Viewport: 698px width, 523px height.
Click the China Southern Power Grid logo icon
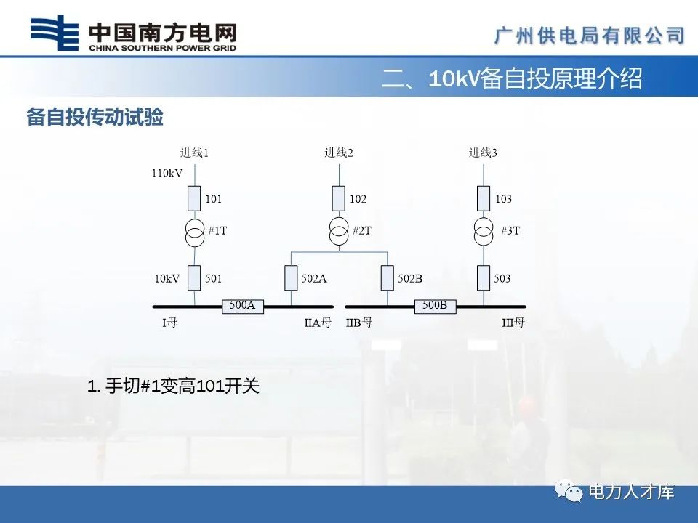coord(53,34)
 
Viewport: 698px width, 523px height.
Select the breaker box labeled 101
coord(195,198)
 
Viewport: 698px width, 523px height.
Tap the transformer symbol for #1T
coord(195,232)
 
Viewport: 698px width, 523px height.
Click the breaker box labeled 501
coord(195,277)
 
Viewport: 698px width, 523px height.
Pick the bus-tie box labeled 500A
coord(242,306)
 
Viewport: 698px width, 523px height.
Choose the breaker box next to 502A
coord(291,277)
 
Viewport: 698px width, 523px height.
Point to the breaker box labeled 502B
coord(388,277)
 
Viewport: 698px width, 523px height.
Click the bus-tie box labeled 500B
coord(435,306)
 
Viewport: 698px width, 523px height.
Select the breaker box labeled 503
coord(483,277)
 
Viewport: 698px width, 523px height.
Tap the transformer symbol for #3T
coord(483,232)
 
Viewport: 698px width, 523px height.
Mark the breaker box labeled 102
coord(339,198)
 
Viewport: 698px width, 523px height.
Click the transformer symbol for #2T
coord(339,232)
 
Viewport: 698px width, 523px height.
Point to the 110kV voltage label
coord(167,174)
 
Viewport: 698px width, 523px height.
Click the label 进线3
coord(483,153)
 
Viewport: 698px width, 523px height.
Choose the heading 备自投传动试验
coord(95,118)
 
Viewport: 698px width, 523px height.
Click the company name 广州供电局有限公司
coord(590,35)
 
